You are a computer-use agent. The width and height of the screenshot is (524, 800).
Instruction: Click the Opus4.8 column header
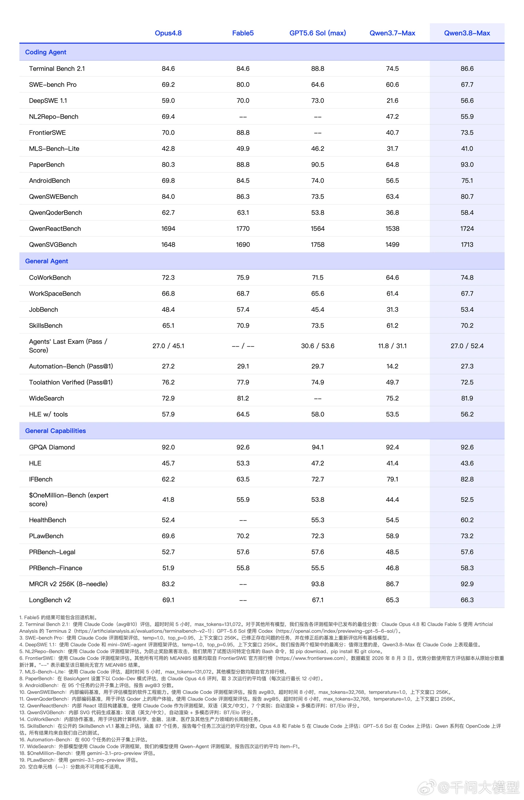point(168,33)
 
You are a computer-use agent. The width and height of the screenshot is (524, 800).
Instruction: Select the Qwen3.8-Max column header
point(467,33)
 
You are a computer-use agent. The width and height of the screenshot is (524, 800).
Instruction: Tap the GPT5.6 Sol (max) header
point(318,33)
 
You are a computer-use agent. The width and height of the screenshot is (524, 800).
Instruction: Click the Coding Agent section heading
point(45,52)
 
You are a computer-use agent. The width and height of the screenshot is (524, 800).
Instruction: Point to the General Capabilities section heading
point(55,431)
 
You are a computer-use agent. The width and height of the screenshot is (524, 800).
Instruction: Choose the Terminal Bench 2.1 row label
point(57,69)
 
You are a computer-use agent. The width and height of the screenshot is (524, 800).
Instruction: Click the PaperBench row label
point(47,165)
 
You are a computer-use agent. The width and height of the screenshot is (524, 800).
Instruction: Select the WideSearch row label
point(47,399)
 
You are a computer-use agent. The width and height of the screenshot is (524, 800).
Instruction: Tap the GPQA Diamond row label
point(52,447)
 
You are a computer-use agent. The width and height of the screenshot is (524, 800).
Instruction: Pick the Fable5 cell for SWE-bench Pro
point(243,85)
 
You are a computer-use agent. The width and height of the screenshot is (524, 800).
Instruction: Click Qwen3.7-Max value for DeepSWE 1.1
point(392,101)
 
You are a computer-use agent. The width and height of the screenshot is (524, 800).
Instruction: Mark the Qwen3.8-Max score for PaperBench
point(467,165)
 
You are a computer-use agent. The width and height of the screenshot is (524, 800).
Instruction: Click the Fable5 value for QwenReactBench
point(243,229)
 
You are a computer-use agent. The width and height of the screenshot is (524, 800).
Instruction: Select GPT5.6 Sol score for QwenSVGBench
point(318,245)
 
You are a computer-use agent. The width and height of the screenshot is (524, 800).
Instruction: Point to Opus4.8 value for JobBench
point(168,310)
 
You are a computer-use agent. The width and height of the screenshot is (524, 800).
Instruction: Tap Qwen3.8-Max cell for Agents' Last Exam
point(467,346)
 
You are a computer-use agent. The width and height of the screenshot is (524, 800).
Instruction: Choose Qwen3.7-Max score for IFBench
point(392,480)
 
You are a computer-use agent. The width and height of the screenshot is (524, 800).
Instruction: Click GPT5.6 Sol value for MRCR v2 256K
point(318,584)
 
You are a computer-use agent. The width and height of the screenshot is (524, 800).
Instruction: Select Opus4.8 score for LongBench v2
point(168,600)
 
